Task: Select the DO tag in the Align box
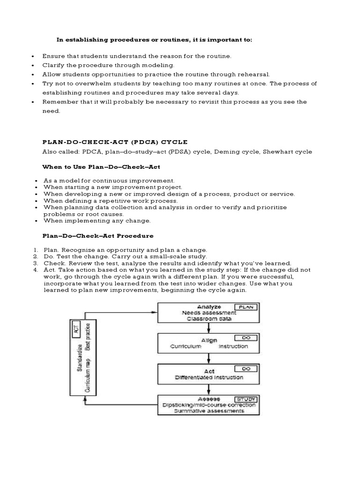coord(245,337)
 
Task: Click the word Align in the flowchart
coord(209,340)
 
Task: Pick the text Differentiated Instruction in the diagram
coord(209,377)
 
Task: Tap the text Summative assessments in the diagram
coord(209,411)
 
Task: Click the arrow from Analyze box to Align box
coord(209,328)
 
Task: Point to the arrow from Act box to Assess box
coord(209,389)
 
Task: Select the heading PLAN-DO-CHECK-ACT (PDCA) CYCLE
coord(115,142)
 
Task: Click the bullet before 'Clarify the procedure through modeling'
coord(33,66)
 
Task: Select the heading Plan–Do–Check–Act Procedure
coord(97,236)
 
